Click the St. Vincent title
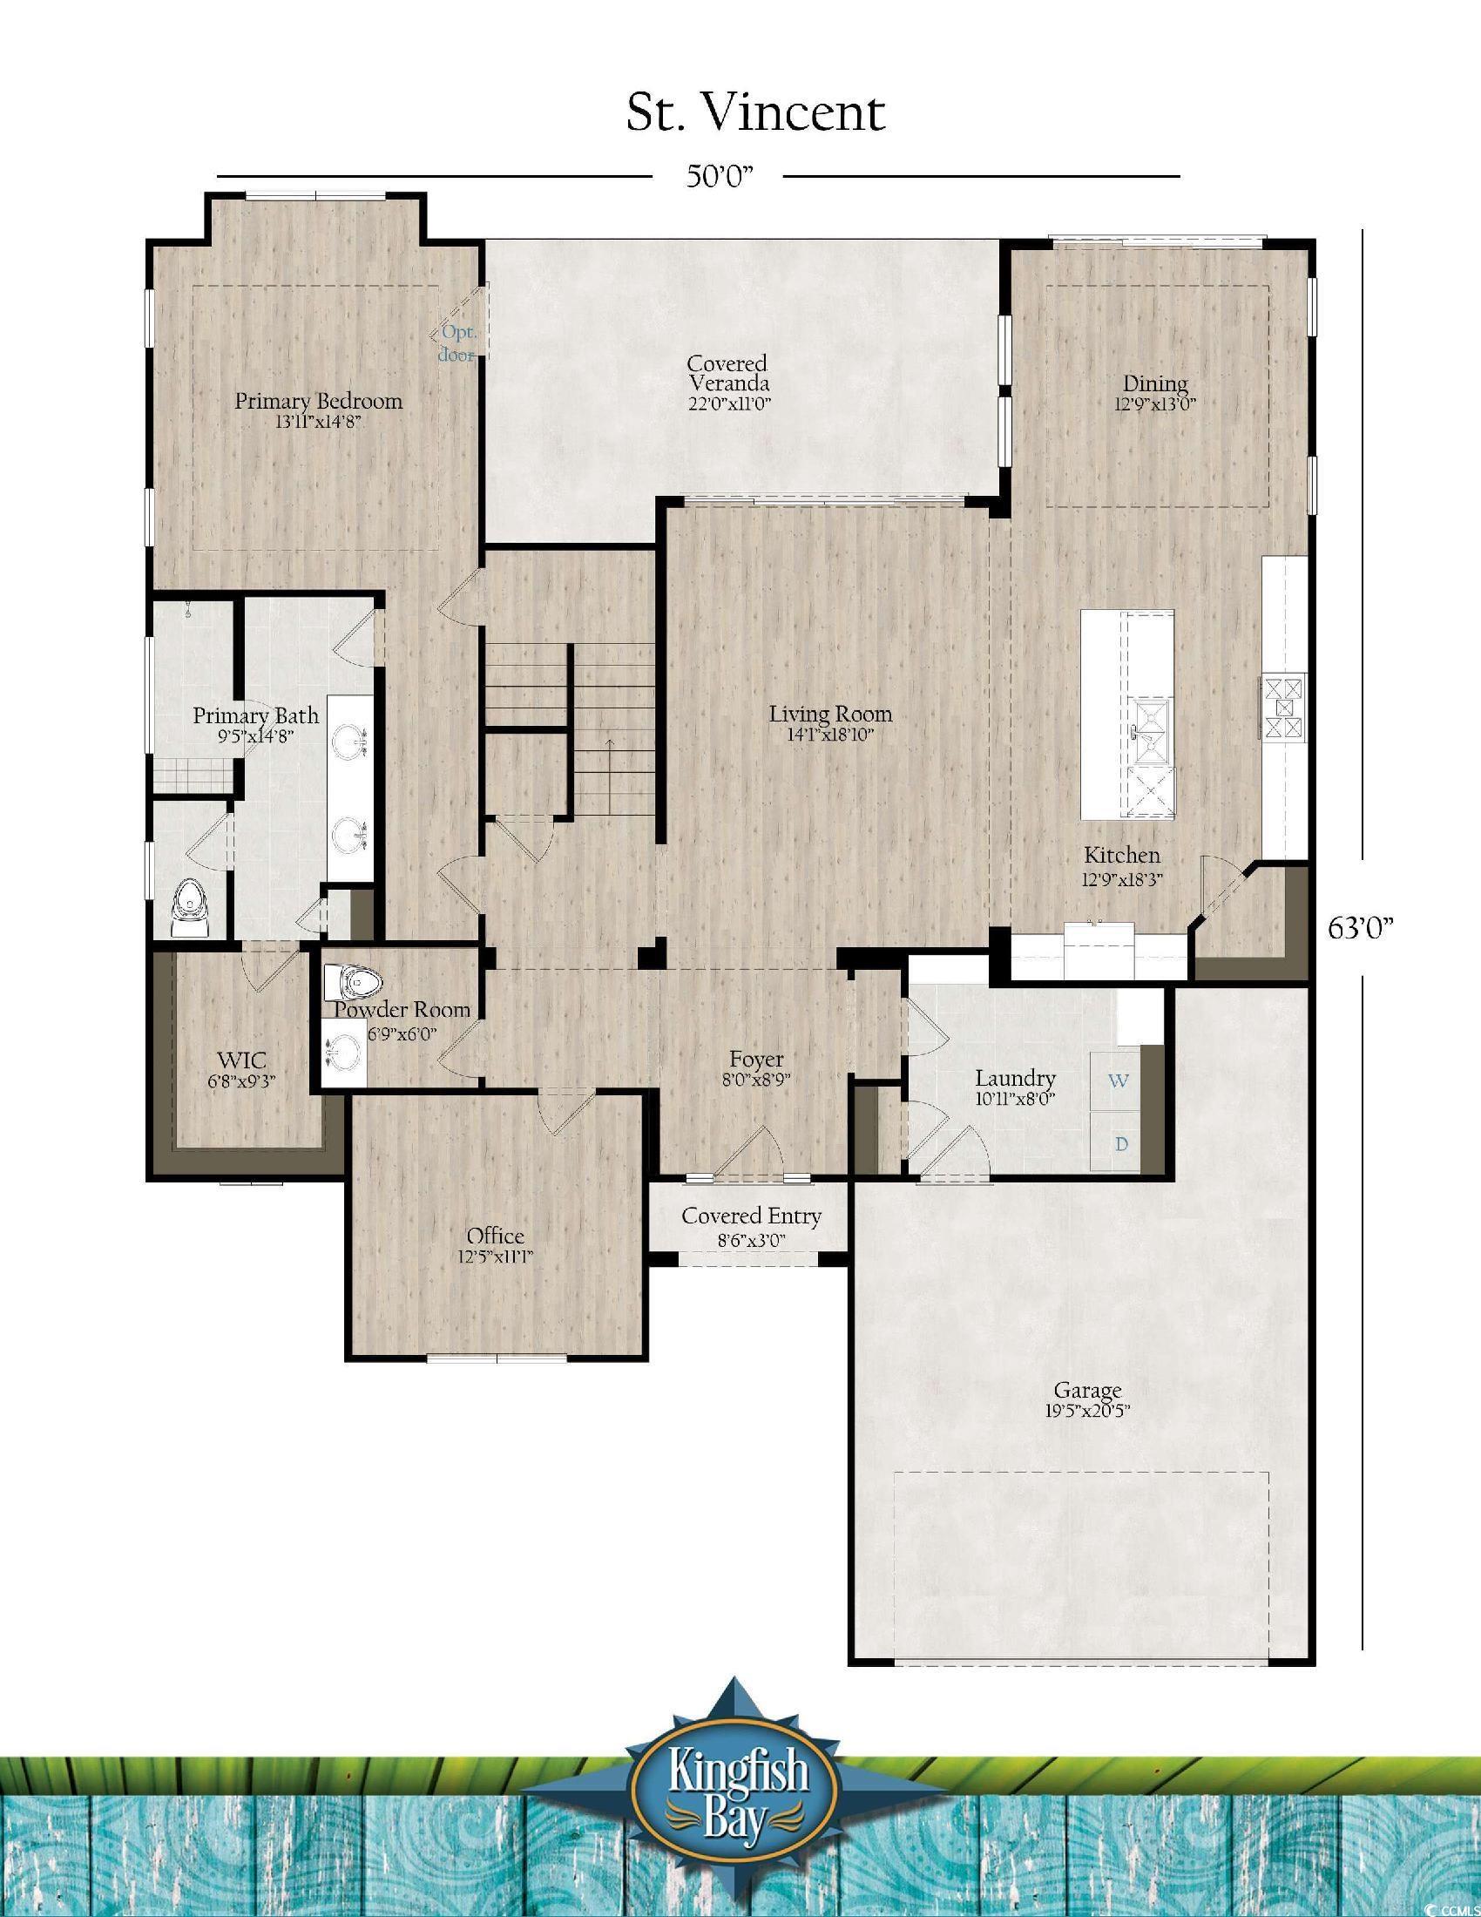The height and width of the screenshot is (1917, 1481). coord(755,112)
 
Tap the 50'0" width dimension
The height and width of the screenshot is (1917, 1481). coord(719,176)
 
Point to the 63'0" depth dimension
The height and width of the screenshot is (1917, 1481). coord(1361,928)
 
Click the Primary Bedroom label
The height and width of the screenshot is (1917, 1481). coord(318,410)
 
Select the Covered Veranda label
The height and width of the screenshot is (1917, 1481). coord(728,383)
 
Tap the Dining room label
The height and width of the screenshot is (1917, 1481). coord(1155,392)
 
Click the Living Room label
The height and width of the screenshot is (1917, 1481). coord(831,723)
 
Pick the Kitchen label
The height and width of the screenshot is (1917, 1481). coord(1122,864)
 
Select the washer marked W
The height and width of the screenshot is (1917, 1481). coord(1117,1080)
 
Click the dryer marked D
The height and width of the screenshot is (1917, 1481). coord(1117,1144)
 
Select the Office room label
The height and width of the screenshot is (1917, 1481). coord(496,1246)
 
